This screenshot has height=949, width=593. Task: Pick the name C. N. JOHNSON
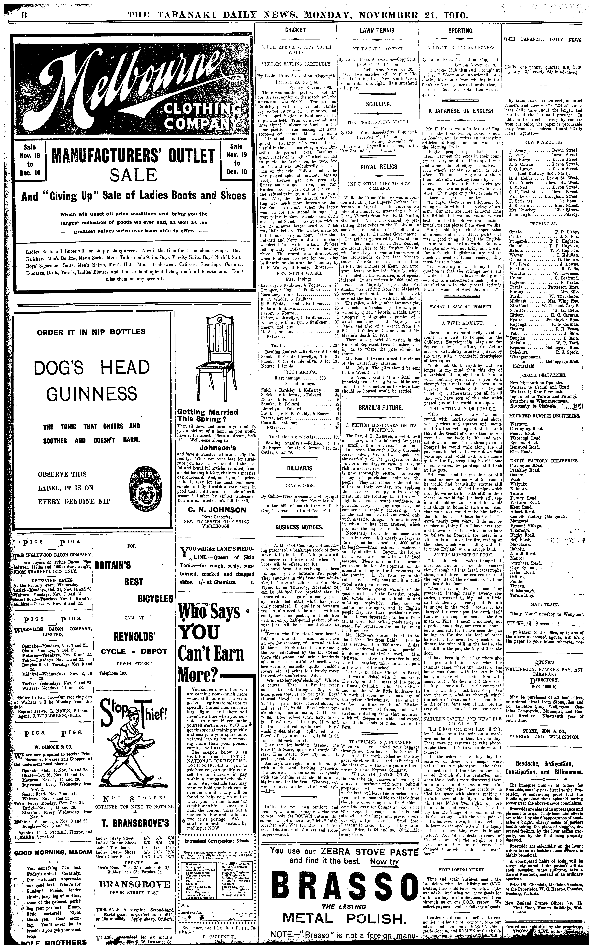tap(211, 510)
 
